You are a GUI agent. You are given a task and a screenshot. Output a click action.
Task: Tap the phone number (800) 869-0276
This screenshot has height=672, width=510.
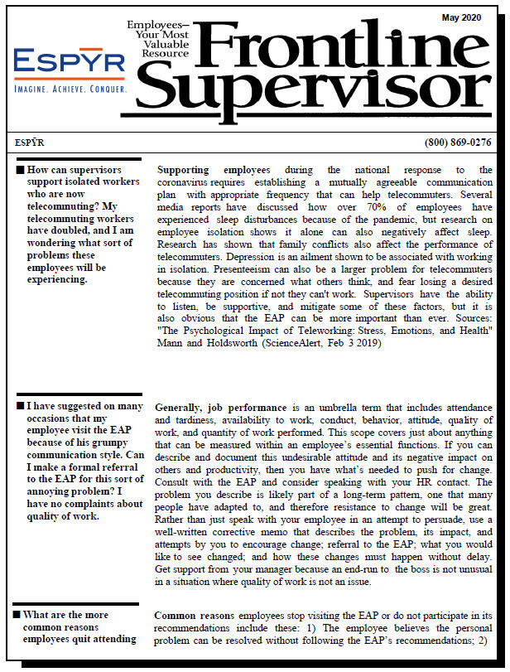pyautogui.click(x=457, y=143)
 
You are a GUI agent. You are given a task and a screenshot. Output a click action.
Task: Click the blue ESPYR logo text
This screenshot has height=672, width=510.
pyautogui.click(x=70, y=62)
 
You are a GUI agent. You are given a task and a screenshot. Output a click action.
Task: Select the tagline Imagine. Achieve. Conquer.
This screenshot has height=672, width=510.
pyautogui.click(x=70, y=87)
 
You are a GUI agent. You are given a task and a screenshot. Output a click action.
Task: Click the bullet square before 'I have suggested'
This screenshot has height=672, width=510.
pyautogui.click(x=20, y=407)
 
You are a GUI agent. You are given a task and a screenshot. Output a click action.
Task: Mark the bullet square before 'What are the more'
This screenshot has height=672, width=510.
pyautogui.click(x=17, y=615)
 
